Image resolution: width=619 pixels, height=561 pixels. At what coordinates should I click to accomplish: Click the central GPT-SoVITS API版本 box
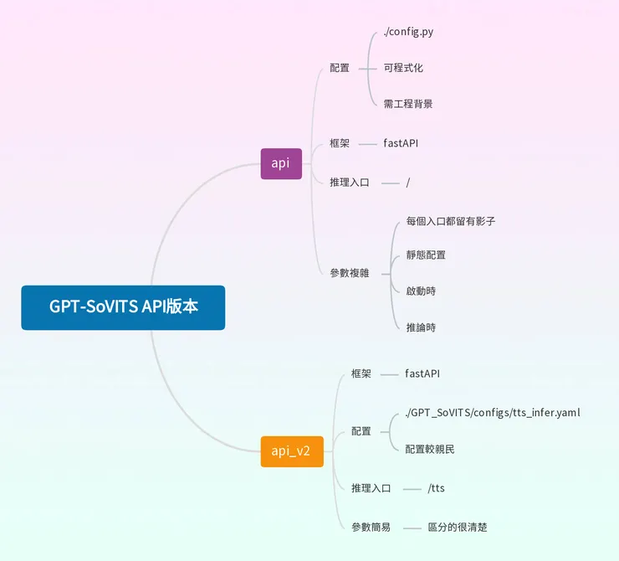coord(123,307)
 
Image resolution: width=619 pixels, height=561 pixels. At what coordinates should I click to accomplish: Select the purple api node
coord(281,163)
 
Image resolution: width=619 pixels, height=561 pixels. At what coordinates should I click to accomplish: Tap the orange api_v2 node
coord(291,451)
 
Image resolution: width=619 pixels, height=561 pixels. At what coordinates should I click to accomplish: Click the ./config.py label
coord(408,32)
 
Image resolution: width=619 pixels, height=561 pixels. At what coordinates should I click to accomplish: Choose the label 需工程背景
coord(408,104)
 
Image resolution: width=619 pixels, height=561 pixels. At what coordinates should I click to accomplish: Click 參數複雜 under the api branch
coord(350,273)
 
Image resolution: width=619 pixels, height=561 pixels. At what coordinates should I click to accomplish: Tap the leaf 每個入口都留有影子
coord(451,221)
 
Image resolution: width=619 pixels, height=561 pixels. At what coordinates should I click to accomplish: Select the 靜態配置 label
coord(426,255)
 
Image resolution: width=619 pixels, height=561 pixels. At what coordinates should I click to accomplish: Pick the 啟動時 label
coord(421,291)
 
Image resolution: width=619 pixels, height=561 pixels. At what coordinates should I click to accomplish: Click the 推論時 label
coord(421,327)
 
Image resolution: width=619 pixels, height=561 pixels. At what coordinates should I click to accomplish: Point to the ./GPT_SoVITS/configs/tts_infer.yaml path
coord(493,413)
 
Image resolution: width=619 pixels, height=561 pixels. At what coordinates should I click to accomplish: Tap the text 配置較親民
coord(430,449)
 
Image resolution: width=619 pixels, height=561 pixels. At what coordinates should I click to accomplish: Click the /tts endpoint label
coord(436,488)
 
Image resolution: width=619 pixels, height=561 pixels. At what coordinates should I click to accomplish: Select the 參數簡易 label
coord(371,528)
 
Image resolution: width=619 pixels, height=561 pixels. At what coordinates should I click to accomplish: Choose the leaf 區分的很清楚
coord(458,528)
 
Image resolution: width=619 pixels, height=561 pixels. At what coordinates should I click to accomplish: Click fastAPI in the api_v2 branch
coord(422,373)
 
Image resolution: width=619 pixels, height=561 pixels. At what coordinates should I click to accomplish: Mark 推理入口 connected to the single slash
coord(350,182)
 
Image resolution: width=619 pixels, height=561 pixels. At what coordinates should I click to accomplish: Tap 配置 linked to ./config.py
coord(340,68)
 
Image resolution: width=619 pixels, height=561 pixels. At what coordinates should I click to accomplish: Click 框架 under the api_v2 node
coord(361,373)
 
